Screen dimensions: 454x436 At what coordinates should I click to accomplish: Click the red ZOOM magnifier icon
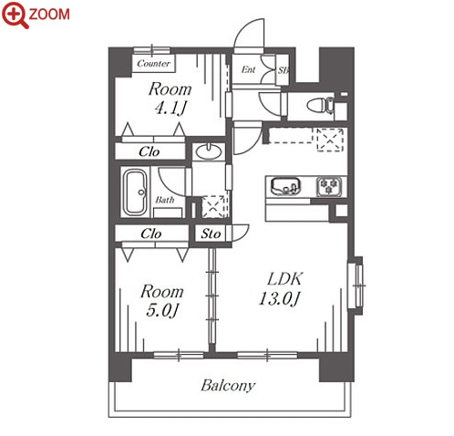[15, 15]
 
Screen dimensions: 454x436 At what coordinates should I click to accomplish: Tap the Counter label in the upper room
[153, 63]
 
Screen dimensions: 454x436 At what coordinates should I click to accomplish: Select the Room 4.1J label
[170, 99]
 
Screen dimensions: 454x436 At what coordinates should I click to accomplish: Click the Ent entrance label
[248, 69]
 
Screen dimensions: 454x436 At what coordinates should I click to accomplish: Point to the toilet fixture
[320, 106]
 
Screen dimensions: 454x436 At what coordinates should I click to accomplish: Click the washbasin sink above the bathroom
[209, 151]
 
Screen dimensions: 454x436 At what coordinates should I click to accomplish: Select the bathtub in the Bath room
[136, 192]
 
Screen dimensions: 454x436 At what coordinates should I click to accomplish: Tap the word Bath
[165, 200]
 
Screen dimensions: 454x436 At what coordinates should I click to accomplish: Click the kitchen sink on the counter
[285, 186]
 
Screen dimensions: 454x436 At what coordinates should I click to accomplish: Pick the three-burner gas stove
[329, 186]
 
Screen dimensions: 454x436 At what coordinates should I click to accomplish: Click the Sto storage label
[211, 234]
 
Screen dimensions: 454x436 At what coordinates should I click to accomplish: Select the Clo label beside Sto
[151, 234]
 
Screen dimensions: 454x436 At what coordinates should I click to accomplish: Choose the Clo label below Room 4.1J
[149, 151]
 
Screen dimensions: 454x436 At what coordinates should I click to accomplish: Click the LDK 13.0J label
[281, 288]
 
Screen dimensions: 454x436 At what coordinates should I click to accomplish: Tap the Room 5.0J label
[162, 300]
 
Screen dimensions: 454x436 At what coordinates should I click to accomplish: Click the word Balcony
[228, 386]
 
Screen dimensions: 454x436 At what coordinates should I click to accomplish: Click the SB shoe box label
[283, 70]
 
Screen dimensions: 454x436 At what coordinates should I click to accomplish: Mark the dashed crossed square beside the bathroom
[214, 206]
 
